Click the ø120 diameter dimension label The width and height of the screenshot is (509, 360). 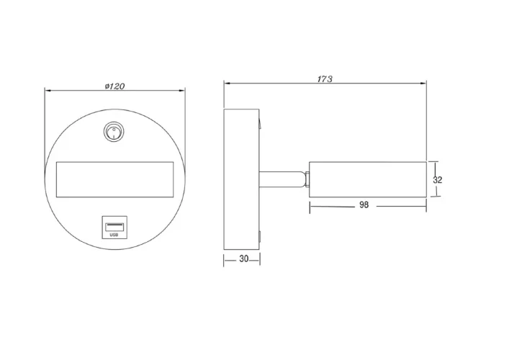[114, 86]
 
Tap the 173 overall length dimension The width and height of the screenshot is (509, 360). [325, 79]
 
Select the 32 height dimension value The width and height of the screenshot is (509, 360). [437, 179]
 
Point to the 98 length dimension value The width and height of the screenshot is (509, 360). [364, 204]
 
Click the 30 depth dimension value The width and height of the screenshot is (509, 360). [244, 258]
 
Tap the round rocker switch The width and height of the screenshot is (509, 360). [114, 132]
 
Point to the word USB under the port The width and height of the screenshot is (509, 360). [114, 235]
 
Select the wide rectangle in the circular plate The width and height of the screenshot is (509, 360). [115, 179]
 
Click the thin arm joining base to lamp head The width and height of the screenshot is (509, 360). [282, 179]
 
